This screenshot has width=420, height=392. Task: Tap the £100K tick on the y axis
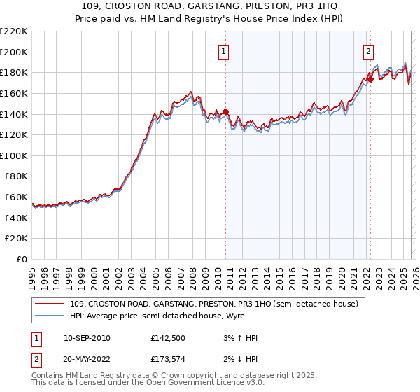click(x=14, y=155)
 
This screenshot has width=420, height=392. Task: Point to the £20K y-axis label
click(x=16, y=239)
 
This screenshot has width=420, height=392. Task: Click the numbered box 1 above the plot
click(x=223, y=51)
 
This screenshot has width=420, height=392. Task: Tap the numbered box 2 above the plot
click(x=367, y=51)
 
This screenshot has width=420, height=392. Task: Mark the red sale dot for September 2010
click(x=226, y=111)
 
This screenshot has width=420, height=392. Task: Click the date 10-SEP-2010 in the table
click(x=87, y=338)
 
